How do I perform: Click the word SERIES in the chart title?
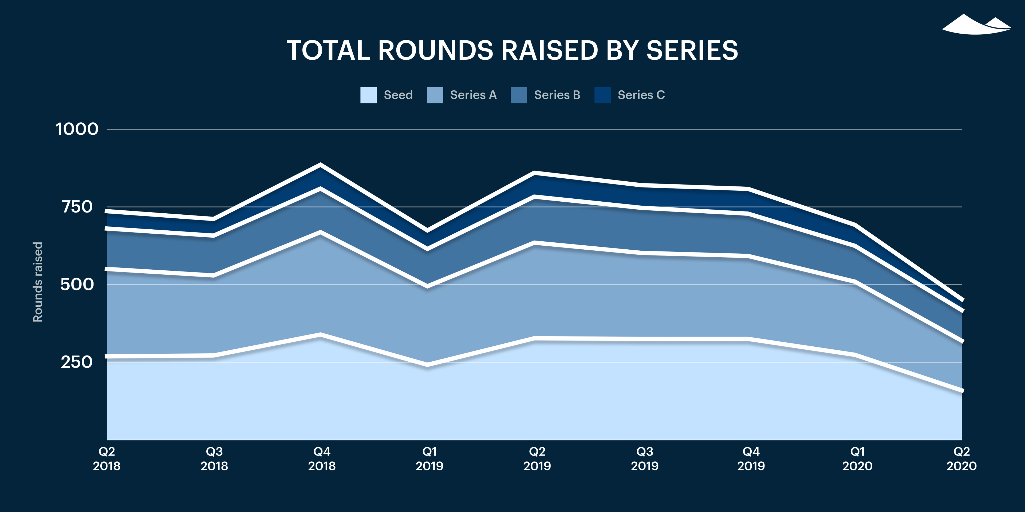(692, 50)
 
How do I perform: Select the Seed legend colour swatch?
(368, 95)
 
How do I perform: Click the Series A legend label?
(473, 95)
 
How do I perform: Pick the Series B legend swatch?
(518, 95)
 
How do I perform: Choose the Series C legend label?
(641, 95)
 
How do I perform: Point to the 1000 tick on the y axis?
(77, 129)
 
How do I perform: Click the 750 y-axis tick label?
(77, 207)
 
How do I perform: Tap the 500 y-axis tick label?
(77, 284)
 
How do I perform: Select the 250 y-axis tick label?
(77, 362)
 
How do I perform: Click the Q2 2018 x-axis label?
(107, 458)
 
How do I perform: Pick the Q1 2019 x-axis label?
(429, 458)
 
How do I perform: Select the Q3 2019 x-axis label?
(645, 458)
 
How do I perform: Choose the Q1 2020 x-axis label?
(857, 458)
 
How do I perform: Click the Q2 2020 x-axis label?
(961, 458)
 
